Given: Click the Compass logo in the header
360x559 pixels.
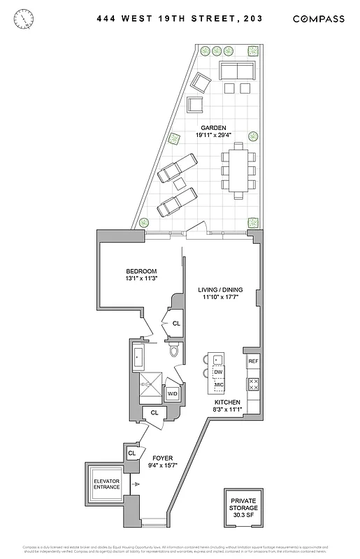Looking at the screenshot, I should point(318,19).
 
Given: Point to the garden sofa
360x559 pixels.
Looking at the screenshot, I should point(238,71).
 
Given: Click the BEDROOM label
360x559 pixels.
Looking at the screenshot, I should point(141,271).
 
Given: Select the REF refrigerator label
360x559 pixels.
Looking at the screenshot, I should point(253,361).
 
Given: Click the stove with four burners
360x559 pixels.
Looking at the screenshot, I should point(254,384).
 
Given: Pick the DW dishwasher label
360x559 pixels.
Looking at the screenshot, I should point(217,373).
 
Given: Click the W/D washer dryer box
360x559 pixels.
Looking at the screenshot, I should point(172,394).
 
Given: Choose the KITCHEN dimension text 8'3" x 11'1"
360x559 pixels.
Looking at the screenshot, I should point(228,411).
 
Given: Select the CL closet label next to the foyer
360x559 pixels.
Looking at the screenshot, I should point(131,453).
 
